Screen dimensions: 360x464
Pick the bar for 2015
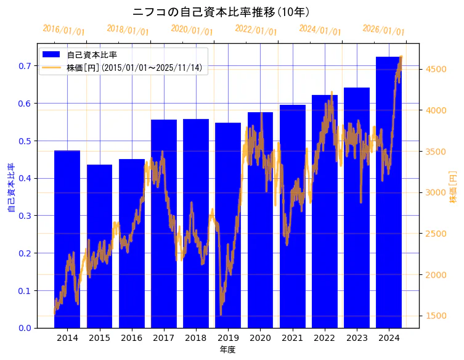pos(99,246)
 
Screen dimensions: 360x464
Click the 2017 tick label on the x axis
pos(164,338)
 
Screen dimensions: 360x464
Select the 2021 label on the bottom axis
pos(293,338)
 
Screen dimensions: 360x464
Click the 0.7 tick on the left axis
pos(25,66)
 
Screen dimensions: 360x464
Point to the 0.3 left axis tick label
pos(25,216)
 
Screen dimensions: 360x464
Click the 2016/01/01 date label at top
pos(64,30)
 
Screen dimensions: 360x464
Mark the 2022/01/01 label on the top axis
pos(256,30)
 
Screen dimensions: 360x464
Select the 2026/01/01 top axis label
pos(384,30)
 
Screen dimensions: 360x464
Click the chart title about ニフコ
pos(221,12)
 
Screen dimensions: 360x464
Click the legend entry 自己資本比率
pos(92,55)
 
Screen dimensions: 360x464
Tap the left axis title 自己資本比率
pos(11,188)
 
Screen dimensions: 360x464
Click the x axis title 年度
pos(228,350)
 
